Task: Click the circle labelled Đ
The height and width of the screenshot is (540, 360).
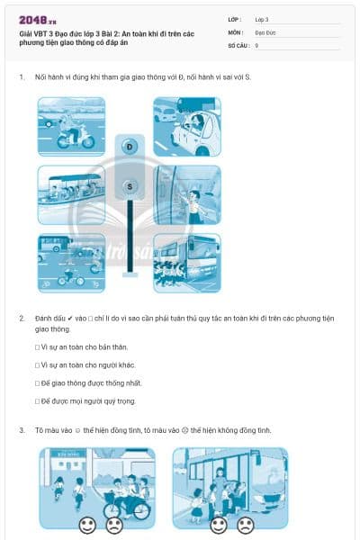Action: [130, 146]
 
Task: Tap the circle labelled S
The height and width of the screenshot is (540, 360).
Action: [130, 186]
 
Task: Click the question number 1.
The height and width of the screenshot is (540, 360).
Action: [22, 77]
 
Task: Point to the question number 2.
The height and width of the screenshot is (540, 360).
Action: [22, 319]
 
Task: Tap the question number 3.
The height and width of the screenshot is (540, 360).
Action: [22, 430]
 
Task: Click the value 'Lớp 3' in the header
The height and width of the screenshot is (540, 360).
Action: [262, 18]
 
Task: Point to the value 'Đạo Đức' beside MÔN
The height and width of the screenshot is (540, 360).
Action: [265, 31]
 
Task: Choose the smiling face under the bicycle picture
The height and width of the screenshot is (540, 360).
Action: [86, 524]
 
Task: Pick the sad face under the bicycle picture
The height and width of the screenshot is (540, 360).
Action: [113, 524]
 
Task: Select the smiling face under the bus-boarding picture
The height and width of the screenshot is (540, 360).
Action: [218, 524]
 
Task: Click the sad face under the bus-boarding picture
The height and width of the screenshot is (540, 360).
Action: [245, 524]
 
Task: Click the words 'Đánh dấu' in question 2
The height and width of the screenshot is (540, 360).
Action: [48, 319]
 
